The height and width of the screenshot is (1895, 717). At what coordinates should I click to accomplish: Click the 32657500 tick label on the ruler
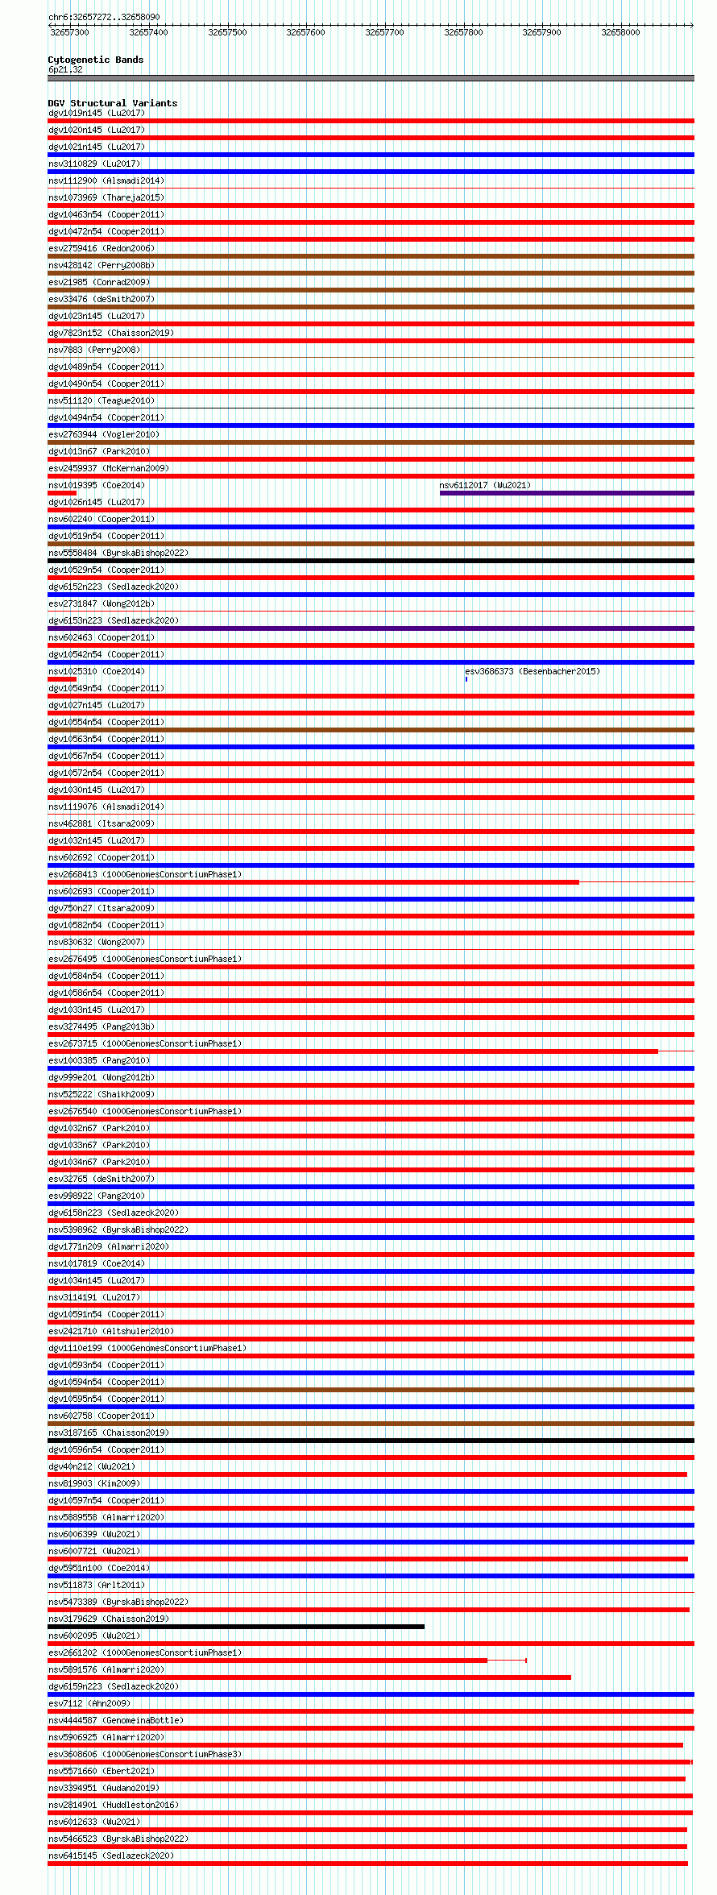227,32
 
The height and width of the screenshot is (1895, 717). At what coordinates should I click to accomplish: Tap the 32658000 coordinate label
620,32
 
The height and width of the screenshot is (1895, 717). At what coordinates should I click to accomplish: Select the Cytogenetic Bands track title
95,60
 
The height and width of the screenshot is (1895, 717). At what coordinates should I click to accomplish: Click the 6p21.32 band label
65,69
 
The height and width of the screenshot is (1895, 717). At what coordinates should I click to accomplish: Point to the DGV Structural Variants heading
112,103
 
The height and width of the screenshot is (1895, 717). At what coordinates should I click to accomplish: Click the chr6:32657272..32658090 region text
104,17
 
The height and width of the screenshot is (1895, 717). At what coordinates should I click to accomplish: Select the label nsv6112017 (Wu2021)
485,485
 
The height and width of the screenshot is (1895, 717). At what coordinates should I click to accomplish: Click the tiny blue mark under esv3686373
466,679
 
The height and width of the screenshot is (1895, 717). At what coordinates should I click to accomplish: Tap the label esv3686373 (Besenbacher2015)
532,671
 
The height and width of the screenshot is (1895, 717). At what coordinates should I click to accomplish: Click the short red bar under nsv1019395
62,493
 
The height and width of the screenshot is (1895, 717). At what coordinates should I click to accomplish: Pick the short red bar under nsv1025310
62,679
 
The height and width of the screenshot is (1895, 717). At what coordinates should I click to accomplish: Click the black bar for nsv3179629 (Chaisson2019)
235,1627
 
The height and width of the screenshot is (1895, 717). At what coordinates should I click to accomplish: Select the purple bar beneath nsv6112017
566,493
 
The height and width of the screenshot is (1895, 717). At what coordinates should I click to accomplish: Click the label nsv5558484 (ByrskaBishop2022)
118,553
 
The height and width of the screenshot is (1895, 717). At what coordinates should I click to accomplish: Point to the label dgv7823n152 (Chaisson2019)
110,333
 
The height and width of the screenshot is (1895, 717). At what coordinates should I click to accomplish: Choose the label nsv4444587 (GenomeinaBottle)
115,1720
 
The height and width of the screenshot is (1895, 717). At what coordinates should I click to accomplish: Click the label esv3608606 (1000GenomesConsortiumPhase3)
144,1754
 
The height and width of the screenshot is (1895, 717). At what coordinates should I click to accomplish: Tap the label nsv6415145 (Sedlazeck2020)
110,1856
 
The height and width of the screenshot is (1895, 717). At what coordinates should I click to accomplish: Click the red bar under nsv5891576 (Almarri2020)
309,1677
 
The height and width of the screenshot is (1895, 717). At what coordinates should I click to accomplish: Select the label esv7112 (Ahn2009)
89,1703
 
